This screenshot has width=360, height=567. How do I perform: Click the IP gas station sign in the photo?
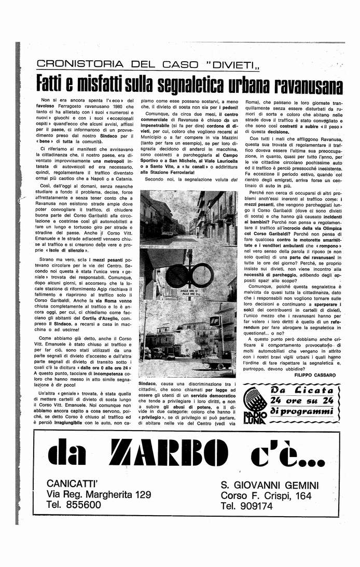[x=215, y=321]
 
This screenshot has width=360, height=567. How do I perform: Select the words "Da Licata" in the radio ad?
[x=301, y=391]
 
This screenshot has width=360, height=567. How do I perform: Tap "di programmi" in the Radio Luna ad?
[x=301, y=411]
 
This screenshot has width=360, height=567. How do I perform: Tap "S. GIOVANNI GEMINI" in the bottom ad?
[x=270, y=485]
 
